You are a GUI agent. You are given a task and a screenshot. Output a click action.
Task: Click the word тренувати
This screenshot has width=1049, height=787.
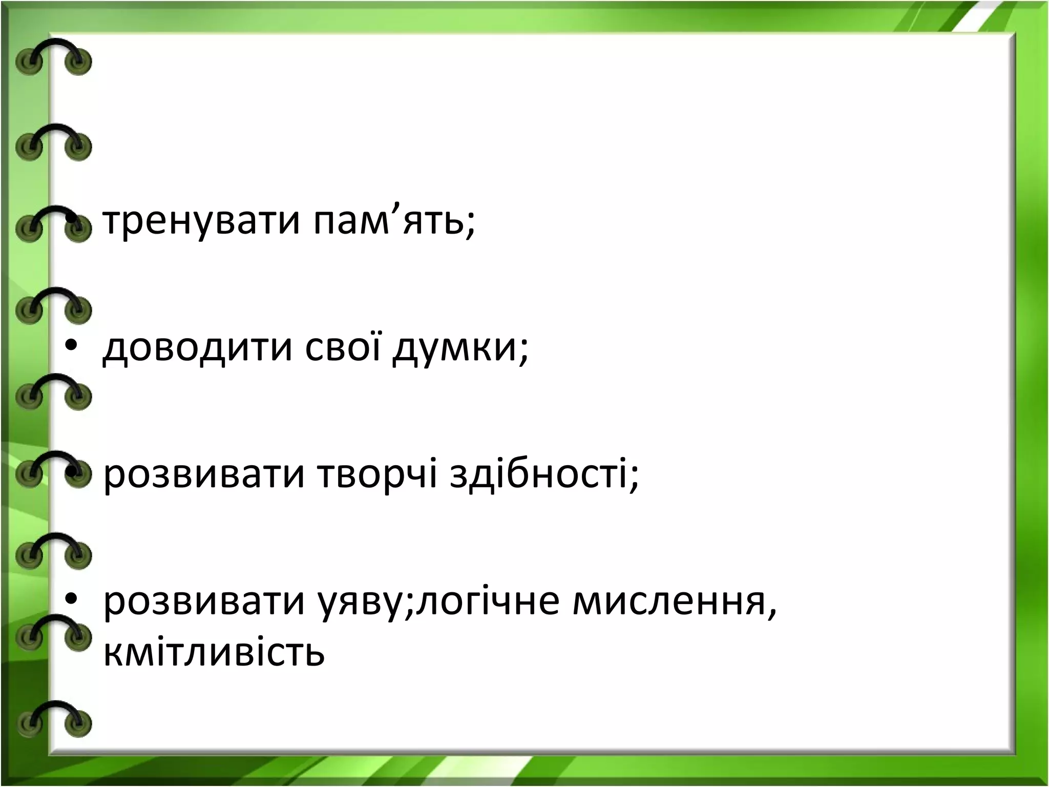(x=201, y=222)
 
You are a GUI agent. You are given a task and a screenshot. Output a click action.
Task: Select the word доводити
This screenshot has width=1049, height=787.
(x=197, y=348)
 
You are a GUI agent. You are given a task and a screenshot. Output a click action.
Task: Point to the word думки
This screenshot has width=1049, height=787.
(x=456, y=348)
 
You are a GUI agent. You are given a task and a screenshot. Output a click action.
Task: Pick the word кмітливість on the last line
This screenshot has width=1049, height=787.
(x=214, y=652)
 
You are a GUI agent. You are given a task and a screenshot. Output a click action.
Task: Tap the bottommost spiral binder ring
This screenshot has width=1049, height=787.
(x=53, y=717)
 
